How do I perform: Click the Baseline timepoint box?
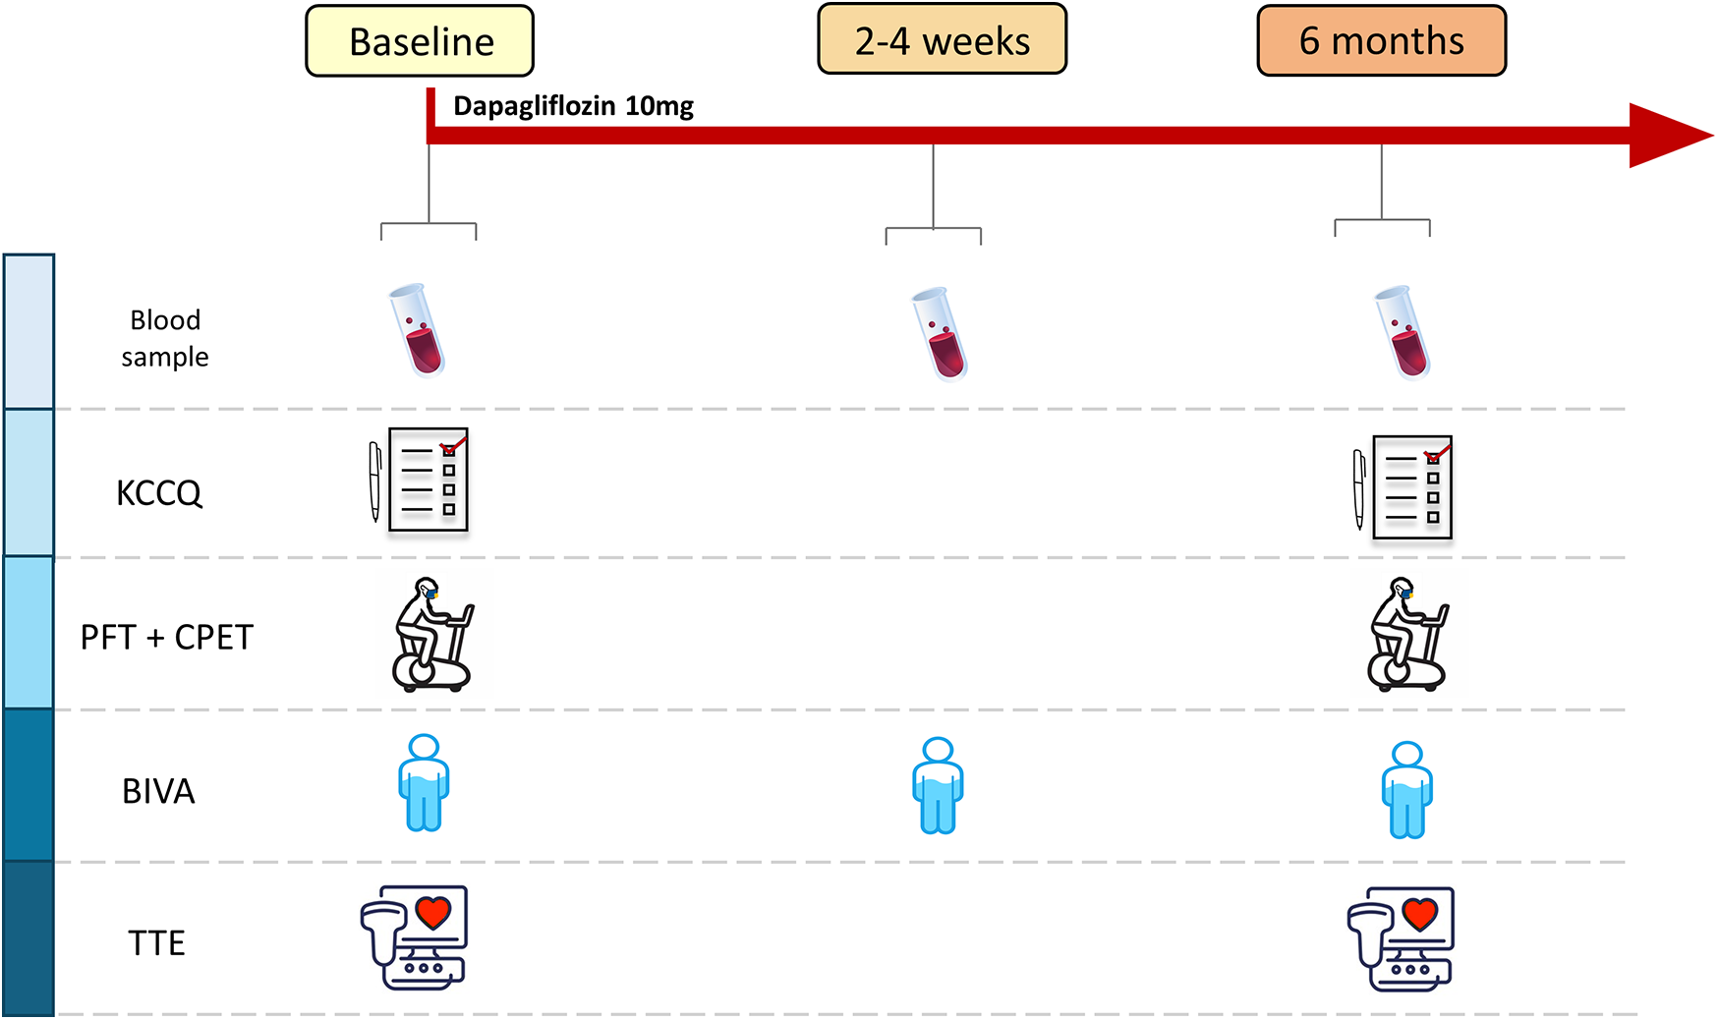(420, 41)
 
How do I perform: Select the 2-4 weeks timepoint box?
(942, 40)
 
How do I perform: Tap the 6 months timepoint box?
(1381, 40)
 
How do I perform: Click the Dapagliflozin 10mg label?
(573, 106)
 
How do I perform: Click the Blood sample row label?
(165, 338)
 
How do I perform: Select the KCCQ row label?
(159, 492)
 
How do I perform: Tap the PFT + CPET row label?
(167, 638)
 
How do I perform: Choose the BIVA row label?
(158, 791)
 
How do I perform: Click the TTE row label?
(156, 943)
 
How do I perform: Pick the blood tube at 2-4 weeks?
(941, 333)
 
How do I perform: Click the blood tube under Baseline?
(418, 330)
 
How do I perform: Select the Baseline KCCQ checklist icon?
(420, 480)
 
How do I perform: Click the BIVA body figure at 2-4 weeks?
(938, 786)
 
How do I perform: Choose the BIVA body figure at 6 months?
(1406, 790)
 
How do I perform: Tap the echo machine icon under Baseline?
(414, 937)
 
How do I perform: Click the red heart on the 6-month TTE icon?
(1419, 914)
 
